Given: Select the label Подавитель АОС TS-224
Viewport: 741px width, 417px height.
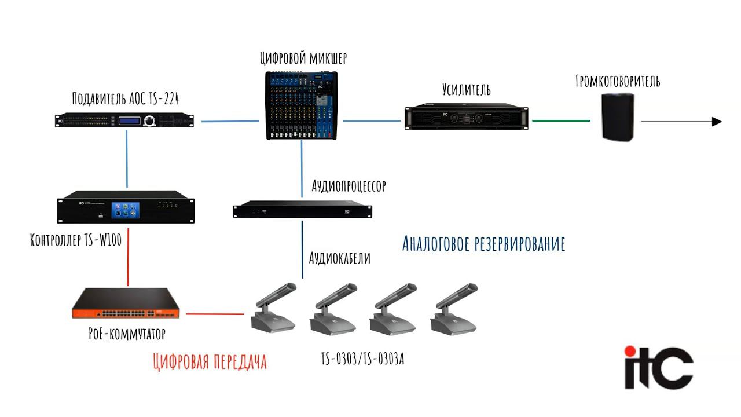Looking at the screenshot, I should (126, 99).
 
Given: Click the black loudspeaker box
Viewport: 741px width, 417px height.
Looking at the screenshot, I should (618, 118).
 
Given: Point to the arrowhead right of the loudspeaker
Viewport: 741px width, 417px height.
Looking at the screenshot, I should (717, 122).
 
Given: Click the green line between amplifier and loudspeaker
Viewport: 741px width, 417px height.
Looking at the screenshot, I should (560, 121).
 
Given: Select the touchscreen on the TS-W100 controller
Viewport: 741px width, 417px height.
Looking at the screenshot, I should (126, 210).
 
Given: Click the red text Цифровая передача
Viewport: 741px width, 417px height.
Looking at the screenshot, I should (210, 362).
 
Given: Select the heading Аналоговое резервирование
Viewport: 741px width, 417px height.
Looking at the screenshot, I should (483, 244).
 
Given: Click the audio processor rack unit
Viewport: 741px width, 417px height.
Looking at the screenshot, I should (302, 210).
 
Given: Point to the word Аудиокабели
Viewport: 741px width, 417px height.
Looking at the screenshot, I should (340, 258).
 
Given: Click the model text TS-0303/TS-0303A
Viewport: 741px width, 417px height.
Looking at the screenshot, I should (362, 359).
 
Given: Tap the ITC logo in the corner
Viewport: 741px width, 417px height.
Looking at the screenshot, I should (658, 367).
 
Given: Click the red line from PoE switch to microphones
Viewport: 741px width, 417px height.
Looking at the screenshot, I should (214, 314).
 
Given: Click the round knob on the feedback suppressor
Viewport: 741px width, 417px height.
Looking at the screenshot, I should (151, 120).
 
